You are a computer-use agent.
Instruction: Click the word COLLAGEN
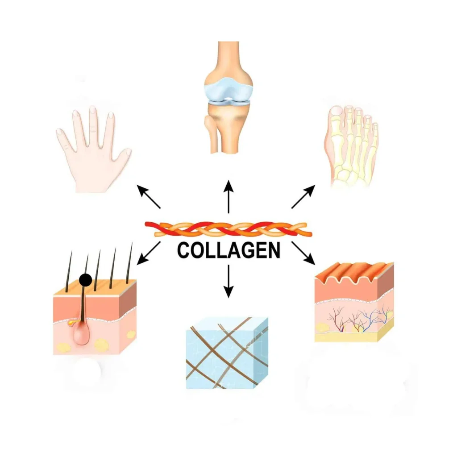pos(228,250)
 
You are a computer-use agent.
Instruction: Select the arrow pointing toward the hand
pos(149,197)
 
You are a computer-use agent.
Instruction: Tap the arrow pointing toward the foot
pos(303,197)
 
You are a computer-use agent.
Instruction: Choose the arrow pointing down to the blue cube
pos(228,281)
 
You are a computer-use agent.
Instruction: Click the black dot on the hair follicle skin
pos(85,280)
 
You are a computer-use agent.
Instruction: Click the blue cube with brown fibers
pos(226,353)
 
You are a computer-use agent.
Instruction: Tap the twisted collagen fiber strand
pos(228,228)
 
